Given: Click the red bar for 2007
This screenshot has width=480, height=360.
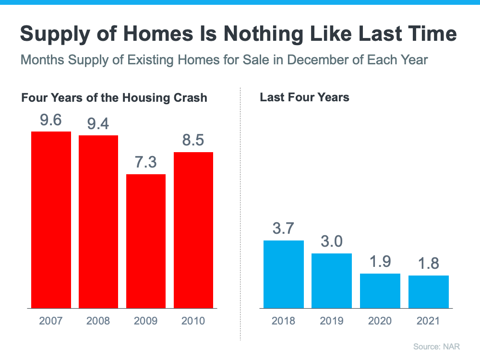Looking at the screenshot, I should pyautogui.click(x=51, y=219).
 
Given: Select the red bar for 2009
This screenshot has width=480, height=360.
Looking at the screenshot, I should pyautogui.click(x=146, y=241).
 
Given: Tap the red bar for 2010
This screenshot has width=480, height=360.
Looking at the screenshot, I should pyautogui.click(x=193, y=230).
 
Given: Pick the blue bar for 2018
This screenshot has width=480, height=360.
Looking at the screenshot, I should pyautogui.click(x=284, y=274).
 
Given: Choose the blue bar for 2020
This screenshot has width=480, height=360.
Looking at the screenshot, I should pyautogui.click(x=380, y=290).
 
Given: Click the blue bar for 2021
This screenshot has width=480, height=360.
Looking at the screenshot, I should pyautogui.click(x=429, y=291).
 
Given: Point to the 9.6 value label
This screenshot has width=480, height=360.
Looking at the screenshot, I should pyautogui.click(x=51, y=120).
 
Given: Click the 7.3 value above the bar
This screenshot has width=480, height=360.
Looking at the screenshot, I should pyautogui.click(x=146, y=162).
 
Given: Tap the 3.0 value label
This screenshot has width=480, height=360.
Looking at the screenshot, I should pyautogui.click(x=332, y=241).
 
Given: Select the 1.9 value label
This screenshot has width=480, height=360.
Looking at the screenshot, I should pyautogui.click(x=380, y=262).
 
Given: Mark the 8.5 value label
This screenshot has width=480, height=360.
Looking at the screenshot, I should pyautogui.click(x=193, y=141).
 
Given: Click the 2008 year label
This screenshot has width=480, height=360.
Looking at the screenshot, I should pyautogui.click(x=98, y=321).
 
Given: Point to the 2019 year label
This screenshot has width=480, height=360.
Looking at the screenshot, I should pyautogui.click(x=332, y=321).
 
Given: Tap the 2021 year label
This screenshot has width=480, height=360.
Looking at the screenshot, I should pyautogui.click(x=429, y=321).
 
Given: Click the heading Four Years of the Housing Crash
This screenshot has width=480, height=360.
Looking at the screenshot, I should pyautogui.click(x=114, y=98).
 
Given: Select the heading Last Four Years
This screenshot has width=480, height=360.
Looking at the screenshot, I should pyautogui.click(x=304, y=97).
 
